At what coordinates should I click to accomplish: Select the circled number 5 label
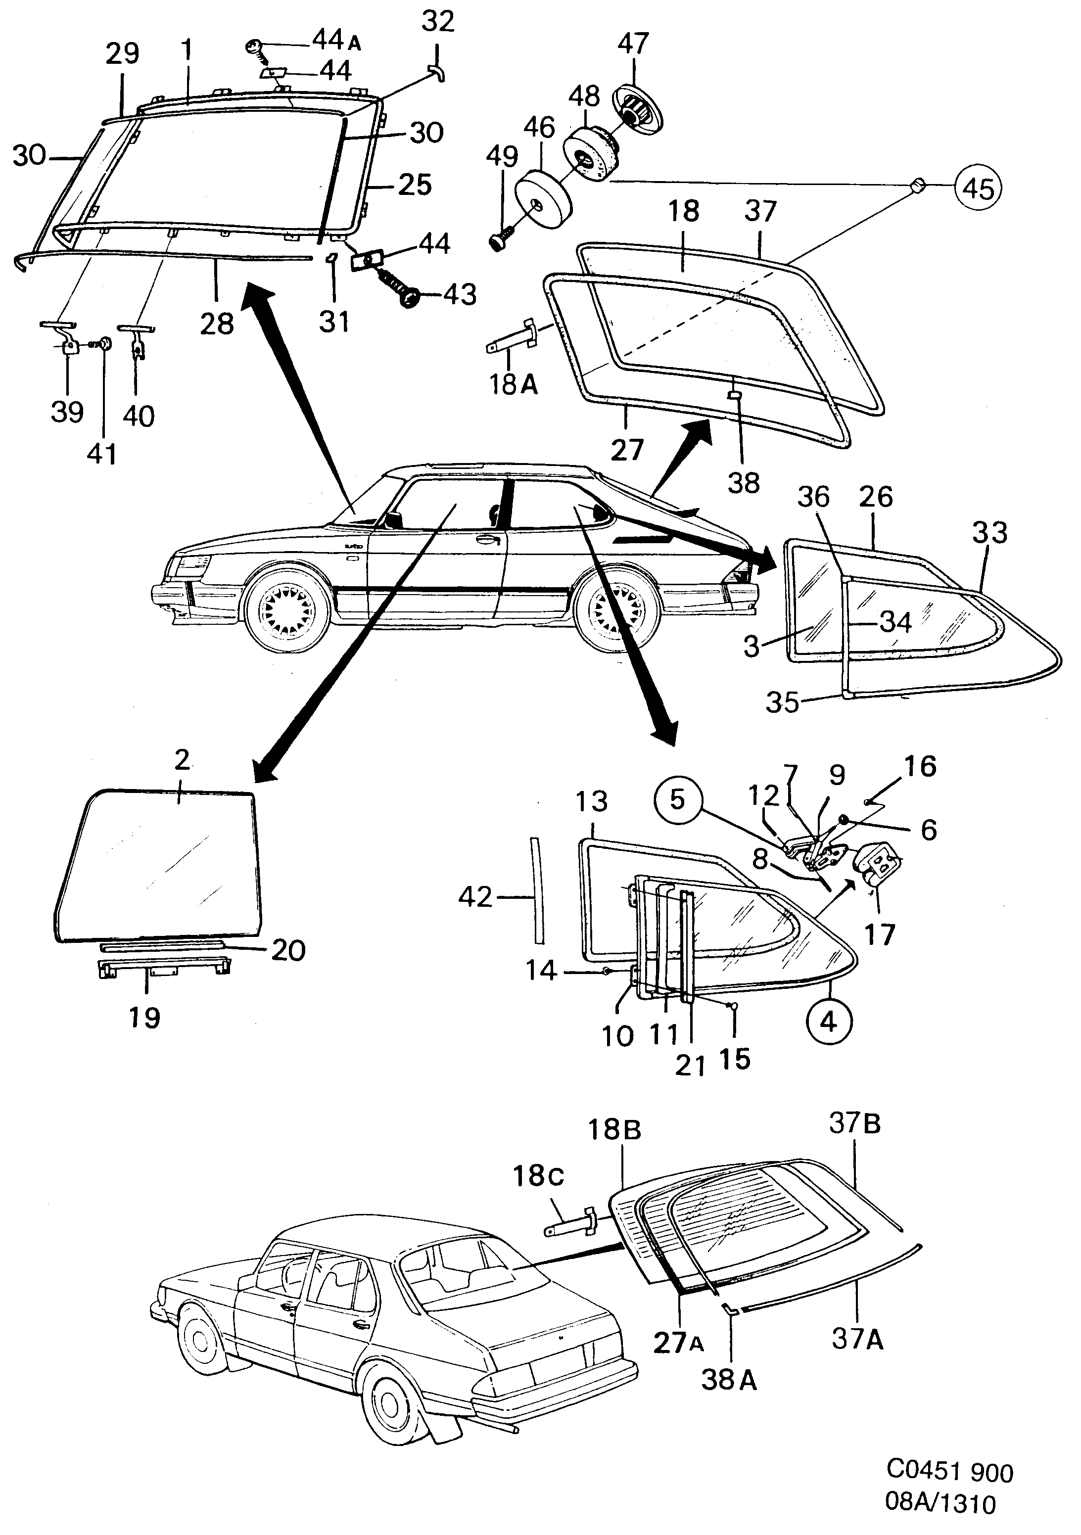click(677, 799)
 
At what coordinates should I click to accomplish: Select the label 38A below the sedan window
click(729, 1379)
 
